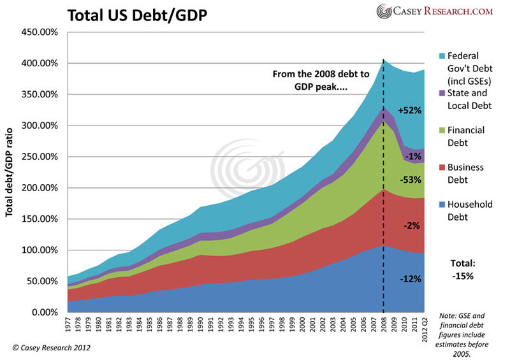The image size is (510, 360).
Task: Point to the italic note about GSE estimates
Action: click(x=467, y=331)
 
